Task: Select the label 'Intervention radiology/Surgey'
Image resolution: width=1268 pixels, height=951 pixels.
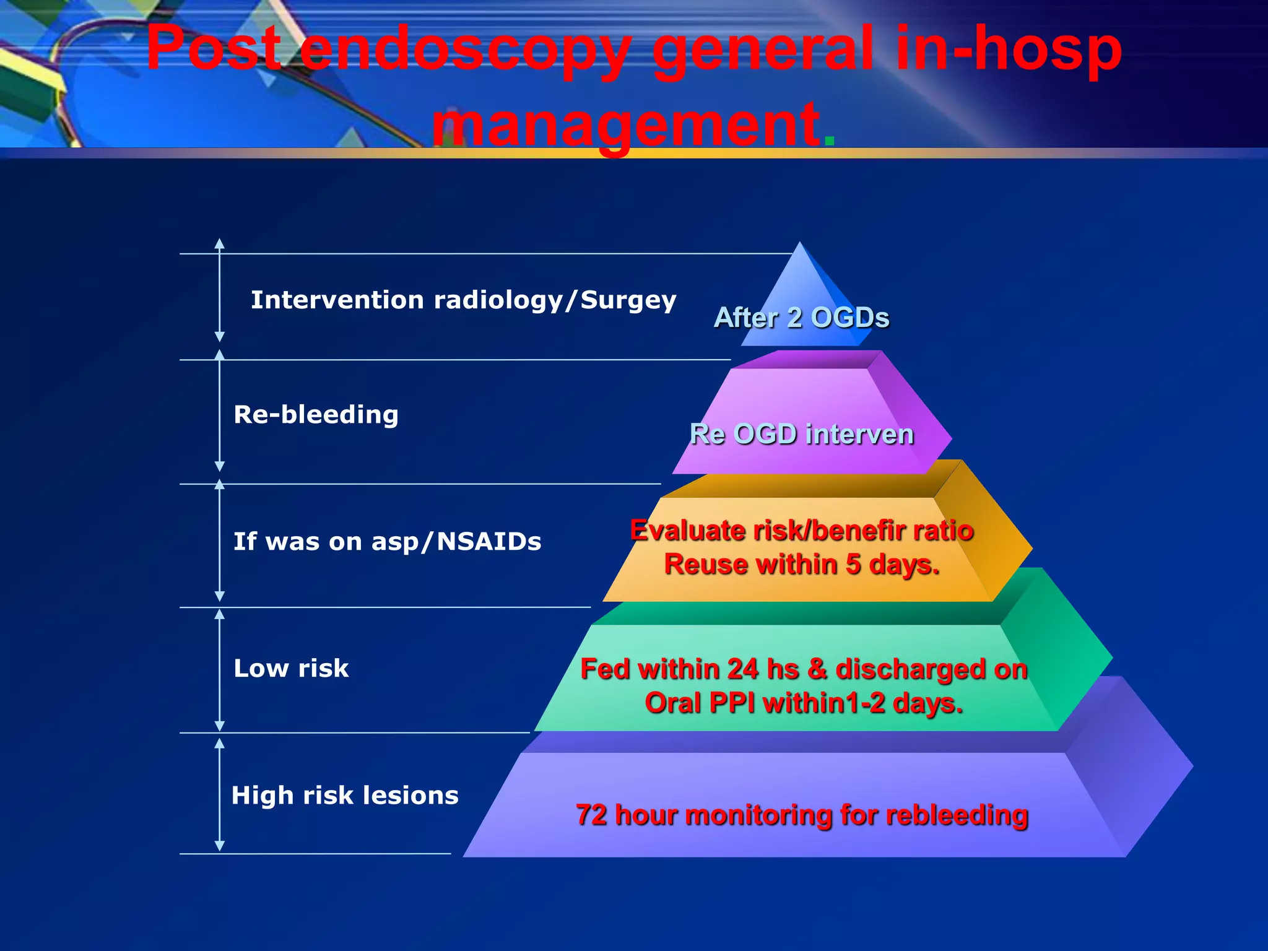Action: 463,300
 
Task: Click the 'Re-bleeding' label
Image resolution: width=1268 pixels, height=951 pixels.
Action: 316,415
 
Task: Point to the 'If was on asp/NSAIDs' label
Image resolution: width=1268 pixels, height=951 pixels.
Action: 387,542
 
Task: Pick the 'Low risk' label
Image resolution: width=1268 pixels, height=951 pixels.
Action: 291,669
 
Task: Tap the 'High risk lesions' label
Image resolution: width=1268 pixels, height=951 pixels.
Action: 345,796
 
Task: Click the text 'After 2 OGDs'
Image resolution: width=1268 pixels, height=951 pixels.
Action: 801,318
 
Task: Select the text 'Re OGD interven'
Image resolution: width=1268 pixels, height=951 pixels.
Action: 801,434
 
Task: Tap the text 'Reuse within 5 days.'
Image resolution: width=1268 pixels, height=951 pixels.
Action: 801,565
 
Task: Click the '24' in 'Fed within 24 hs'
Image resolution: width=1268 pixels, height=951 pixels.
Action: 742,669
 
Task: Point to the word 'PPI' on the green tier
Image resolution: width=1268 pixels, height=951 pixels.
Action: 732,703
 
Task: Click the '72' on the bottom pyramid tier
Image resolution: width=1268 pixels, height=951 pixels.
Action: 591,815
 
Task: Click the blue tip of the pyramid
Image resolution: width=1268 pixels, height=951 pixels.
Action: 800,272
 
